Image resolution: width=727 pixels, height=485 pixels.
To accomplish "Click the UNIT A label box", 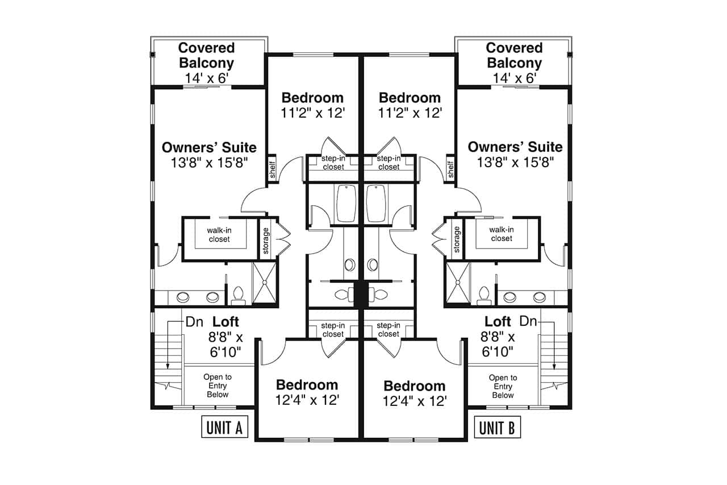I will point(224,428).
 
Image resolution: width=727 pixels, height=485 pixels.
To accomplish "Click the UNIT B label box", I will point(496,428).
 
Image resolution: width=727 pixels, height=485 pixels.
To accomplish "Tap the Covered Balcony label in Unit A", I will point(206,55).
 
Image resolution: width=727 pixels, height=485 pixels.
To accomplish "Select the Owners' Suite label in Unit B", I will point(515,147).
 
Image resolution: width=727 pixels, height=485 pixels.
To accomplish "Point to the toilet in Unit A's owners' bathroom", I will point(238,294).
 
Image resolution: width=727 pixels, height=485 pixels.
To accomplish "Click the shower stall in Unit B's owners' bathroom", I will point(458,283).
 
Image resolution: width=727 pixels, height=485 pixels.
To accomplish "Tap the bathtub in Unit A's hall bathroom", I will point(346,203).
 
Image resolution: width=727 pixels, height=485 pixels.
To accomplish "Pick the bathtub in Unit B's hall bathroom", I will point(376,203).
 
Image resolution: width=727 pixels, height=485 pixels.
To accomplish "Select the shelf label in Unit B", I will point(451,169).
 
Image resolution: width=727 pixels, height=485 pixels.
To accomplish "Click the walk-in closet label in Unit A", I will point(219,234).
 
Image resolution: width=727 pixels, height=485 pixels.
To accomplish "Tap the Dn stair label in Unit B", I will point(528,321).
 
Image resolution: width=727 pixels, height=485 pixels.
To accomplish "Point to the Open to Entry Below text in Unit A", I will point(218,385).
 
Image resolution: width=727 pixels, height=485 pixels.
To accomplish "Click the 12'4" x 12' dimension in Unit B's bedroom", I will point(415,401).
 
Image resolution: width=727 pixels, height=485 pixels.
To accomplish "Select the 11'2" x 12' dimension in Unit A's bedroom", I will point(312,113).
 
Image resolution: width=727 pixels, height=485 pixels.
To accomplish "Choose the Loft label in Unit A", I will point(226,321).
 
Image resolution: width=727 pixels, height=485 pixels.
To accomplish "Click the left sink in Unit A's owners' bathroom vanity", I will point(183,297).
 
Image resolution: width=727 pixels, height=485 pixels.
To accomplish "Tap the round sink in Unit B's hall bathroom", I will point(373,264).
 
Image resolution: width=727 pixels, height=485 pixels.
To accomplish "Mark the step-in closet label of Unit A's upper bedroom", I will point(333,163).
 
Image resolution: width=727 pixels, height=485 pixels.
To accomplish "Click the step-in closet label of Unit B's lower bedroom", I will point(388,330).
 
